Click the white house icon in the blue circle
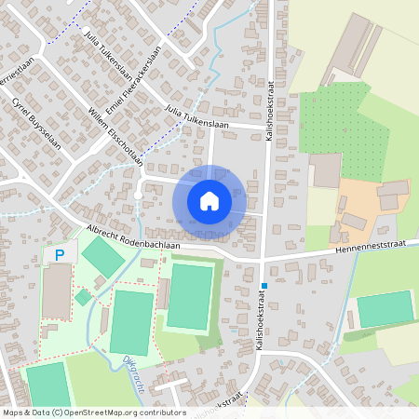209,200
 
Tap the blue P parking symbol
60,253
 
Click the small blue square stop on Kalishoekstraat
264,286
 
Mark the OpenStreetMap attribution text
93,412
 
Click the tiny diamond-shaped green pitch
83,297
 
